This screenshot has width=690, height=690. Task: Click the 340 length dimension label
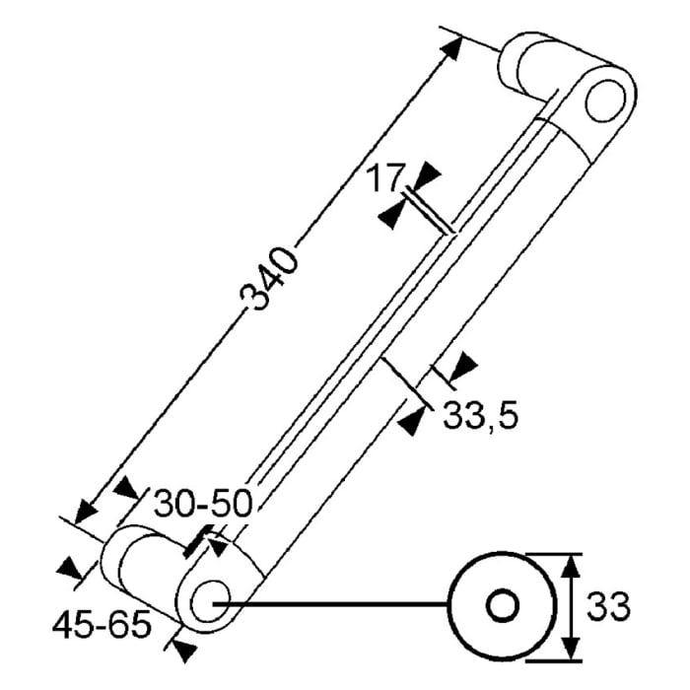[269, 279]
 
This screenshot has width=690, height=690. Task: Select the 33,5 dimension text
[481, 416]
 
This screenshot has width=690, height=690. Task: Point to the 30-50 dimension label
[203, 503]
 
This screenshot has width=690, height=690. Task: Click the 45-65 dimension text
[103, 625]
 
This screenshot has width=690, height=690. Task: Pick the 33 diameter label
[608, 606]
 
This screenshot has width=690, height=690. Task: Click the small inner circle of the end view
[502, 606]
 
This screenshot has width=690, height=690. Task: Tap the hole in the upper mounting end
[604, 101]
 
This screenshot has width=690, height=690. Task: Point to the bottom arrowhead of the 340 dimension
[86, 514]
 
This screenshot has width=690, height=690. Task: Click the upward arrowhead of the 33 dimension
[571, 567]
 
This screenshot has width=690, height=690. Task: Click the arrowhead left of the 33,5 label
[412, 421]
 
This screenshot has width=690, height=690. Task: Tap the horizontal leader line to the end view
[331, 604]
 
